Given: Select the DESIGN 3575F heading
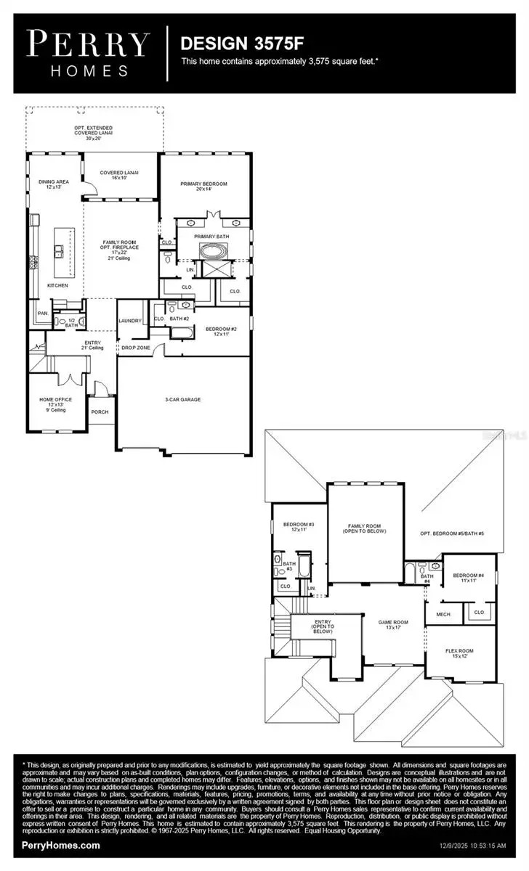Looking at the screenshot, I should (x=228, y=44).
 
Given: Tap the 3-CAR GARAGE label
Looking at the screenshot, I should (x=182, y=399).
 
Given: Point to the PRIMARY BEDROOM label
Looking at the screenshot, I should (x=203, y=184).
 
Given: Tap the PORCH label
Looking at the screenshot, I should (x=99, y=412).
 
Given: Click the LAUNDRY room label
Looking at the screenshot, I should (x=129, y=320).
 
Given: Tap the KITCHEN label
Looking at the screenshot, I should (x=57, y=285).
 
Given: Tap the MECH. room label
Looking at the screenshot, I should (x=443, y=614).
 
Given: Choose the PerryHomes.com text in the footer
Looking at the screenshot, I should (x=62, y=846).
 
